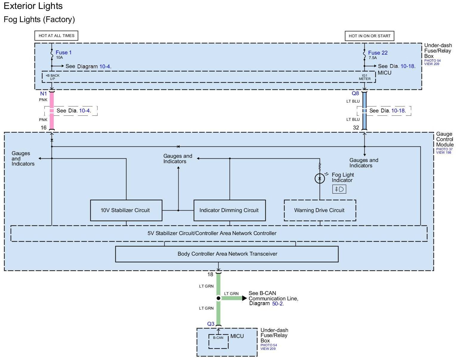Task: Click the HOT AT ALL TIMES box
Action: point(56,35)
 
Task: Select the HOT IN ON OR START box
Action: point(369,36)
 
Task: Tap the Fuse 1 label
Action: point(64,52)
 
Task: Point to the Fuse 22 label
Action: point(378,53)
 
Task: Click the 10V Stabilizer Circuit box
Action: point(126,210)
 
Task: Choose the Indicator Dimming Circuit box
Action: point(229,210)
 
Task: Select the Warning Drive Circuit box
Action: point(320,210)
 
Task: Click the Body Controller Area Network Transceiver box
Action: point(227,254)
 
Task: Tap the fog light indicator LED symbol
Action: point(320,178)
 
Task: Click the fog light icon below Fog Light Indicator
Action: point(339,189)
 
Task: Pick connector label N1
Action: point(44,94)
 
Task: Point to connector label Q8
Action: point(355,93)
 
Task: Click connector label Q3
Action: point(211,324)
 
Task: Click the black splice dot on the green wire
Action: point(219,298)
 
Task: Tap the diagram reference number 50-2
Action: point(278,304)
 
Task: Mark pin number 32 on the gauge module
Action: point(356,128)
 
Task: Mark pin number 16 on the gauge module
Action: point(44,128)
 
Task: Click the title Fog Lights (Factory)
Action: point(39,19)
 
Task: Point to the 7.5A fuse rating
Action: point(373,58)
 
